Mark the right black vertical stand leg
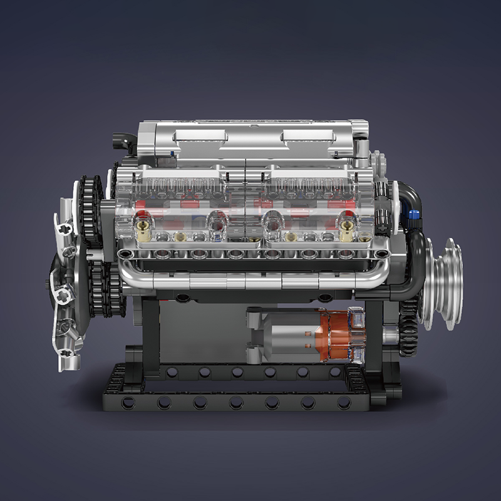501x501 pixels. point(374,332)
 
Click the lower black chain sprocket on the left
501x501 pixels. point(100,282)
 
